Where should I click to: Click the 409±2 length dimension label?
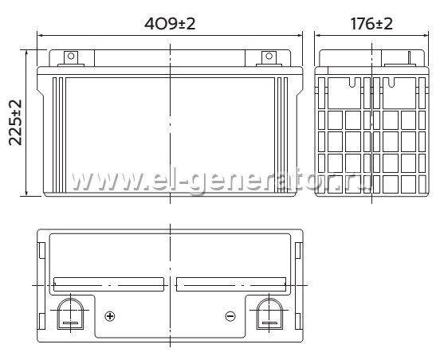pos(170,24)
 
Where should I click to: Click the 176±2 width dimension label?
pos(371,24)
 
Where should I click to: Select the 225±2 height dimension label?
pos(15,123)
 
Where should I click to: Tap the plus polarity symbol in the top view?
pos(110,316)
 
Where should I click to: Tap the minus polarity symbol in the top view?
pos(230,316)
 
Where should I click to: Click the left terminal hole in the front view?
pos(71,56)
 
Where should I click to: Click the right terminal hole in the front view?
pos(269,56)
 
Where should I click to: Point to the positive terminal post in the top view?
pos(70,314)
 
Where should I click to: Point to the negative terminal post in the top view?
pos(269,314)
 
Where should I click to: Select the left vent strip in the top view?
pos(108,284)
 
